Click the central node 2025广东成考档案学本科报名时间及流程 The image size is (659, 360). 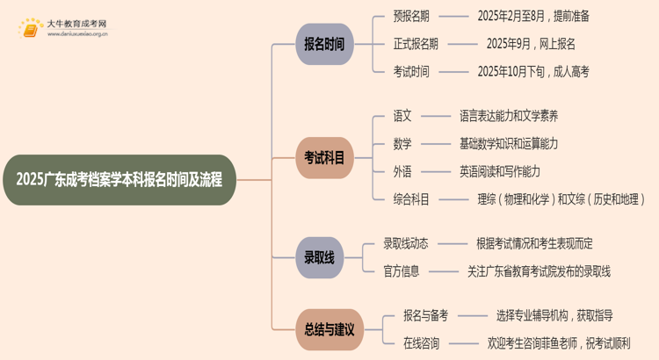click(119, 180)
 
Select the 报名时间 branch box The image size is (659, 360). click(323, 44)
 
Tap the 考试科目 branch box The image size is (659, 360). click(323, 157)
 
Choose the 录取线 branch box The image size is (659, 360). click(319, 258)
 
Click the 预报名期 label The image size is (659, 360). click(411, 16)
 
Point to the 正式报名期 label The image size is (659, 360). click(416, 44)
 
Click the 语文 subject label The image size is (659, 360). click(402, 115)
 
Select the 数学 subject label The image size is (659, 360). click(402, 143)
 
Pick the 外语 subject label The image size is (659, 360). click(402, 171)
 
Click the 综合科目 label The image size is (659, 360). click(411, 199)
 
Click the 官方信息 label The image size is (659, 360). click(402, 271)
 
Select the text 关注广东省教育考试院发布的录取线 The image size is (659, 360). click(540, 271)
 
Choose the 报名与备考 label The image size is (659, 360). click(425, 315)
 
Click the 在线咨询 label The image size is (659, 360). click(421, 343)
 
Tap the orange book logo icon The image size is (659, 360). click(30, 29)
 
